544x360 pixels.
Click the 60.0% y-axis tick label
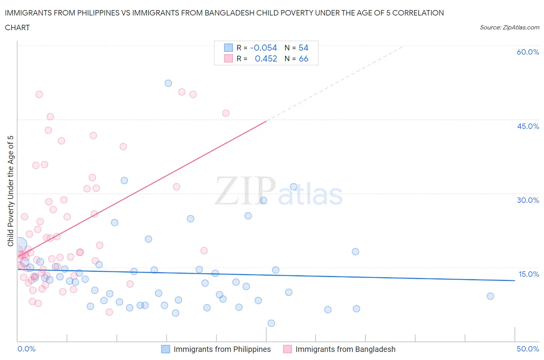click(x=528, y=52)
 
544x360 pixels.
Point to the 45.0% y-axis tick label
click(x=528, y=126)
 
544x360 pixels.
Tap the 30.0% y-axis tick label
click(x=528, y=200)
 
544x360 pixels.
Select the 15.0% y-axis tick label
click(x=529, y=274)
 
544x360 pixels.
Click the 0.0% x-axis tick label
click(x=26, y=349)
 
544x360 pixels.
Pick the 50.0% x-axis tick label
click(x=528, y=349)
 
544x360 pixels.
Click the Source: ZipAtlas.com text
click(x=509, y=27)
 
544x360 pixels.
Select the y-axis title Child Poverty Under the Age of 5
click(x=10, y=191)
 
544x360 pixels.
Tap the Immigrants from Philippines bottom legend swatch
click(x=166, y=349)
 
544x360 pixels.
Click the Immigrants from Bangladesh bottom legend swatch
click(x=287, y=349)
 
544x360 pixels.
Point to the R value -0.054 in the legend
click(x=263, y=48)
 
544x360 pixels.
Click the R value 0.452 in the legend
click(x=266, y=59)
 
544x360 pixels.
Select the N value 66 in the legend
click(x=303, y=59)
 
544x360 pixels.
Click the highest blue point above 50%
click(x=168, y=83)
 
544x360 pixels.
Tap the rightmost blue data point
click(x=490, y=296)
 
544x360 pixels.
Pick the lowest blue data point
click(x=271, y=323)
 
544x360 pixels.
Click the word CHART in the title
click(x=17, y=27)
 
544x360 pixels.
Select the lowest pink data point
click(x=109, y=312)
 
